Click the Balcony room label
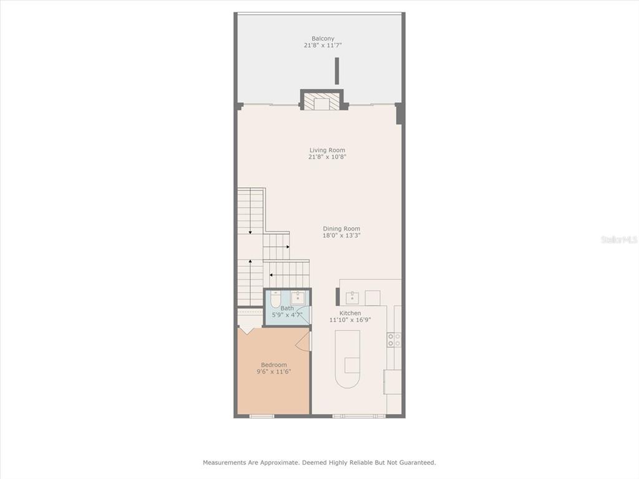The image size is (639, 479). coord(323,39)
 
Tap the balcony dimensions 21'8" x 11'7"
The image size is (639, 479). coord(323,46)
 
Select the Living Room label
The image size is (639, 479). coord(327,150)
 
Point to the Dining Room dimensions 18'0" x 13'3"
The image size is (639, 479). coord(341,236)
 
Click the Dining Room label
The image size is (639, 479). coord(341,229)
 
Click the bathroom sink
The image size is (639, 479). coord(298,297)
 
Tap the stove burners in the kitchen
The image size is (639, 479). coord(394,340)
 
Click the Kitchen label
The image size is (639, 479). coord(349,313)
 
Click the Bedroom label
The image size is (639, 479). coord(273,365)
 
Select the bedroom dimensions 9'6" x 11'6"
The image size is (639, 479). coord(273,372)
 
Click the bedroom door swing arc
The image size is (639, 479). coord(304,341)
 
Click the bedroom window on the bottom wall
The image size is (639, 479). coord(261,415)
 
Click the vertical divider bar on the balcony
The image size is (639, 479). coord(337,70)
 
